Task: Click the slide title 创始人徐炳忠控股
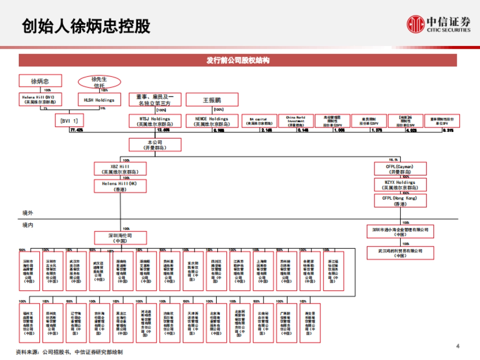86,26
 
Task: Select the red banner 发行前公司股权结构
238,60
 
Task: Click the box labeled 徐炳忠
40,81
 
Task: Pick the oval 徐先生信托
99,82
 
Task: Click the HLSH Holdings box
99,100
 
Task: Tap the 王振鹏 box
212,100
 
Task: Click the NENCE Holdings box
212,121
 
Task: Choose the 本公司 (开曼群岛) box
155,144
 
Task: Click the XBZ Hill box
120,169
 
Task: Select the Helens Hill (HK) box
120,186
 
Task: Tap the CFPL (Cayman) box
400,168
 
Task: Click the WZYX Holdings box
400,184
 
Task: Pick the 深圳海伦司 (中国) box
120,238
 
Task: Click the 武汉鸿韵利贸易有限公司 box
400,253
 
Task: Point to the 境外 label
28,213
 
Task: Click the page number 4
458,346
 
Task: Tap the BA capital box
258,121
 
